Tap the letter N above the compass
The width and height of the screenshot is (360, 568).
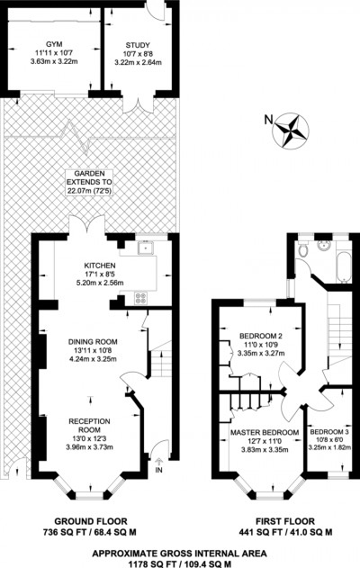pos(267,117)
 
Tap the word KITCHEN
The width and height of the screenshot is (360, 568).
pos(101,266)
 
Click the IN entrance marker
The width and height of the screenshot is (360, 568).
pos(160,469)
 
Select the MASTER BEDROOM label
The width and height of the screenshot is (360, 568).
pos(265,432)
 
